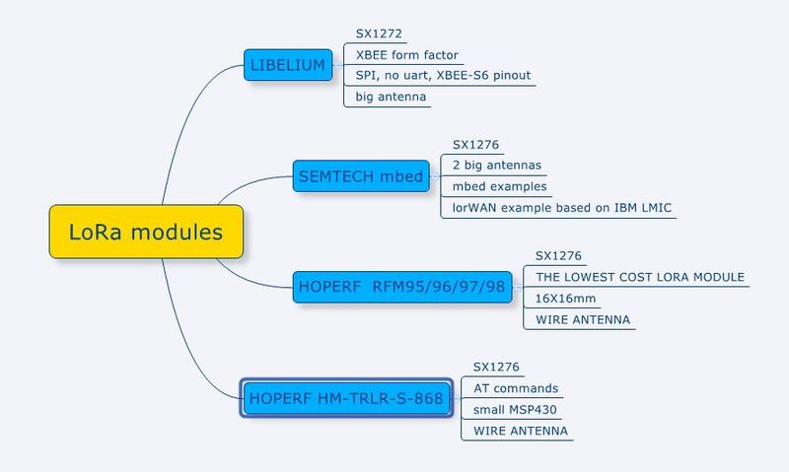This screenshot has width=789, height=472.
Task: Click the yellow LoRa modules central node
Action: point(146,232)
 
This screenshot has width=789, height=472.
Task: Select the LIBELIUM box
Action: point(288,65)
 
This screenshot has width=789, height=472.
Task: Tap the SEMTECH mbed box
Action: point(361,176)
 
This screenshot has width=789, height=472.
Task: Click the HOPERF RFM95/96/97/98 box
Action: point(402,287)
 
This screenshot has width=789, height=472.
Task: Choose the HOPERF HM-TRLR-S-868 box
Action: point(346,398)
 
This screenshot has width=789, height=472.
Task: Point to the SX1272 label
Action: point(379,34)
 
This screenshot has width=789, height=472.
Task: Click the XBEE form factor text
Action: point(406,55)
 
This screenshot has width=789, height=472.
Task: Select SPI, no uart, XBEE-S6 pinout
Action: point(443,76)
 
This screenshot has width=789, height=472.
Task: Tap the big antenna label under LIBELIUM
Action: point(391,97)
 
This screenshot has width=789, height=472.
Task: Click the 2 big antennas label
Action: point(497,166)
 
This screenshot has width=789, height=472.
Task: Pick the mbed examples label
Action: point(499,186)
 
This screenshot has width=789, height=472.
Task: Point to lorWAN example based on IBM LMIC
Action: point(561,208)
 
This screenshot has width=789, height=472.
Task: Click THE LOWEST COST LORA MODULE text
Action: point(640,277)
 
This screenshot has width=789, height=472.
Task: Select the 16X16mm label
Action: point(565,299)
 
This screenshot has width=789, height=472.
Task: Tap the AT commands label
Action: point(516,388)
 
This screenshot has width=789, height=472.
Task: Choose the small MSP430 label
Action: point(515,410)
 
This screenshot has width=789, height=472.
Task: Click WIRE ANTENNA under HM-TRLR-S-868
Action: point(521,431)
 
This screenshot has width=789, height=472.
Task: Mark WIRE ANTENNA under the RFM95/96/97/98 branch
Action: point(583,319)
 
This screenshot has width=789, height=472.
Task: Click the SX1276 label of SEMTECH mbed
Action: point(475,145)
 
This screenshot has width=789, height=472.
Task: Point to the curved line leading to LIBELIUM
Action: point(186,116)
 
